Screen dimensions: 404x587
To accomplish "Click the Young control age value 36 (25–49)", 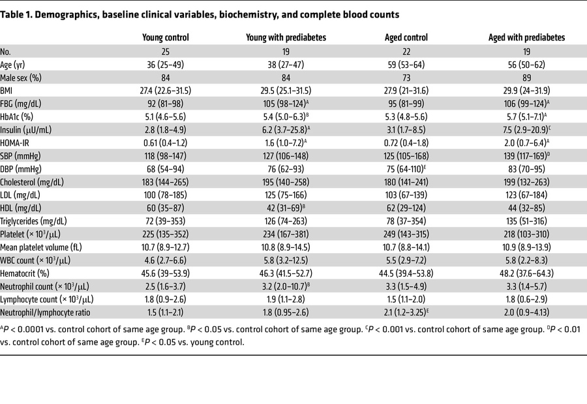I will click(x=166, y=65).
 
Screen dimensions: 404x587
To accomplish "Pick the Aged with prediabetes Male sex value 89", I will click(x=526, y=80).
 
